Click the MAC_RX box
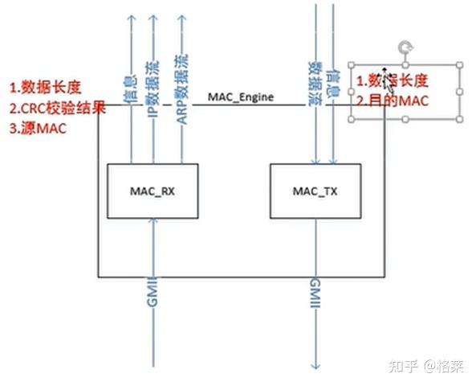tap(152, 191)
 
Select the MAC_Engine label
tap(241, 97)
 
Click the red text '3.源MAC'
tap(38, 126)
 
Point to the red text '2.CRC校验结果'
tap(56, 107)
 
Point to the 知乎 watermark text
tap(403, 366)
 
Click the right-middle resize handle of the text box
tap(460, 91)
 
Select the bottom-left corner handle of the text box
tap(351, 121)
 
